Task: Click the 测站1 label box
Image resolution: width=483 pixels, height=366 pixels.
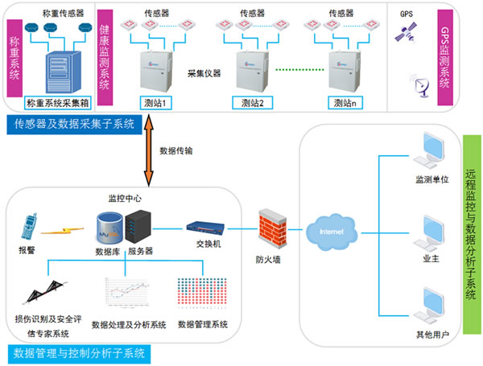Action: (x=157, y=102)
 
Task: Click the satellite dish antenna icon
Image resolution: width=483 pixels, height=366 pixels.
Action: (x=419, y=83)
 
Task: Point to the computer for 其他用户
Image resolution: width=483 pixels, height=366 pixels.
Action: (x=423, y=304)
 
